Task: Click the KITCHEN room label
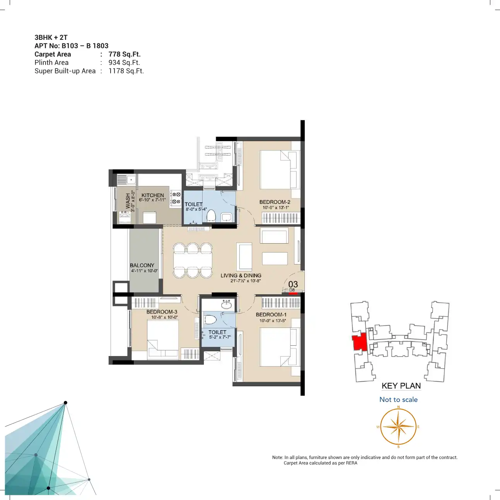click(x=153, y=195)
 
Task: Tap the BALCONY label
click(x=142, y=265)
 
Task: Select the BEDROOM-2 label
click(x=275, y=202)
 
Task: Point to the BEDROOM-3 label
click(x=162, y=312)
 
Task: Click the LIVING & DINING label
click(x=241, y=276)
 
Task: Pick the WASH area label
click(x=128, y=201)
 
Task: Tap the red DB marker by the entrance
click(x=293, y=294)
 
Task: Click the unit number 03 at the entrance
click(x=293, y=284)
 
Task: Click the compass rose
click(x=398, y=427)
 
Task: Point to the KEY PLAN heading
click(x=401, y=386)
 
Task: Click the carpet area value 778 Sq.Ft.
click(x=125, y=54)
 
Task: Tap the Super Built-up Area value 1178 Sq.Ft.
click(x=126, y=71)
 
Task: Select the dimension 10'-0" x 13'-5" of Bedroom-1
click(x=273, y=321)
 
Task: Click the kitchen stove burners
click(x=176, y=198)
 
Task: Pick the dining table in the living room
click(x=193, y=260)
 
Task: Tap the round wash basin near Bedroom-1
click(x=227, y=304)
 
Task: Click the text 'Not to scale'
click(x=398, y=399)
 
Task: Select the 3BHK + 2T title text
click(x=51, y=38)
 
